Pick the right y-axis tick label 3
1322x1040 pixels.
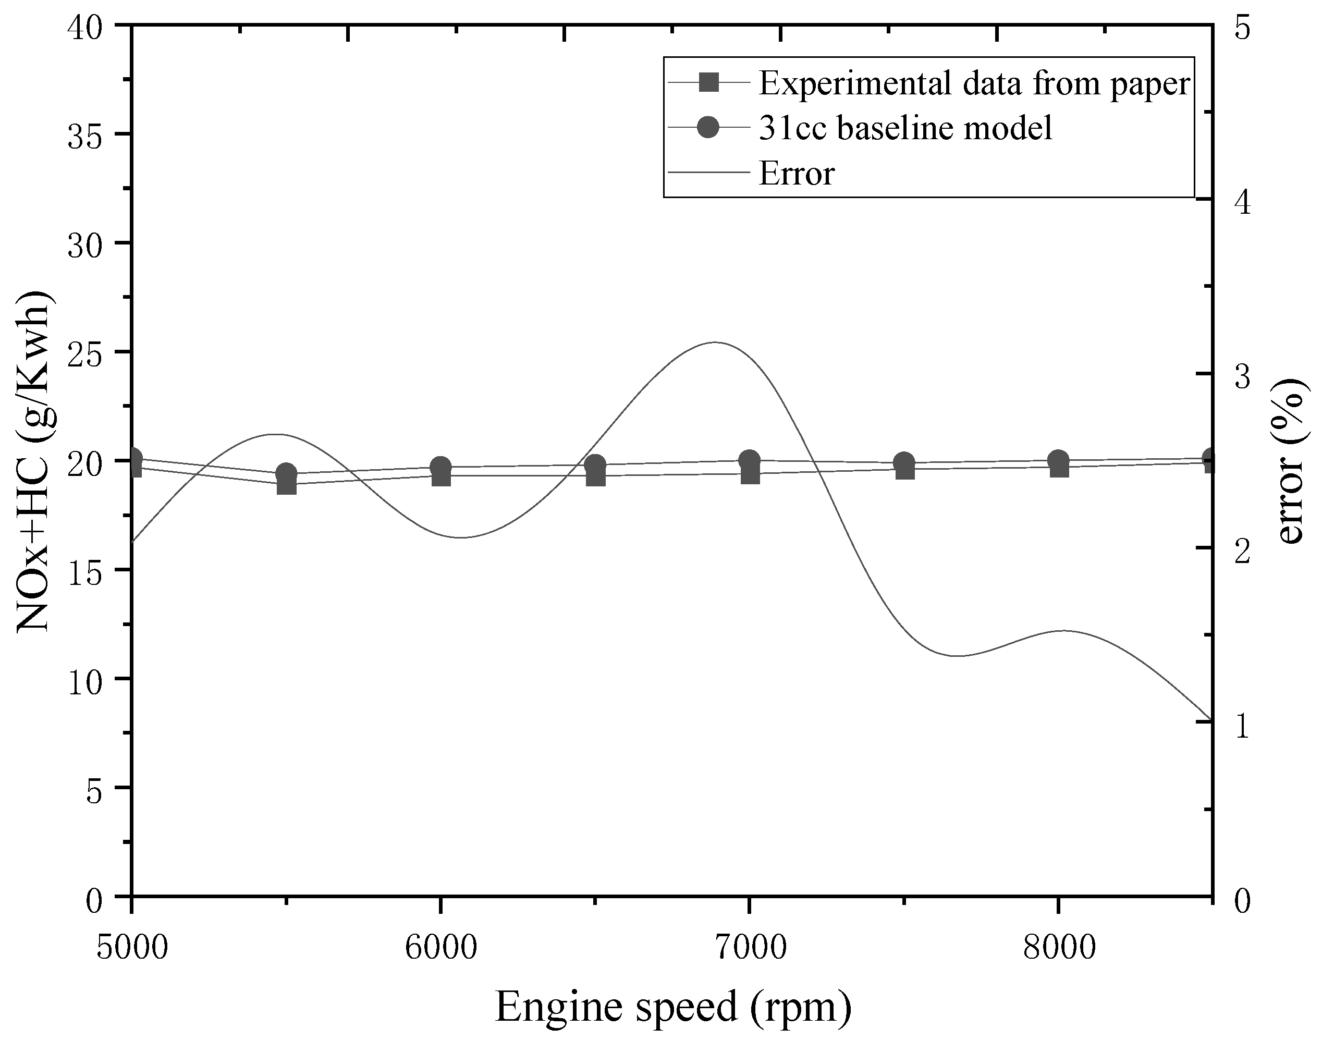[1242, 376]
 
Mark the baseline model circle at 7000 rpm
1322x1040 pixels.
[750, 461]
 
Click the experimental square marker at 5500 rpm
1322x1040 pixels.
[286, 485]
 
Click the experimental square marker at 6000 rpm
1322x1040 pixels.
[441, 476]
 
